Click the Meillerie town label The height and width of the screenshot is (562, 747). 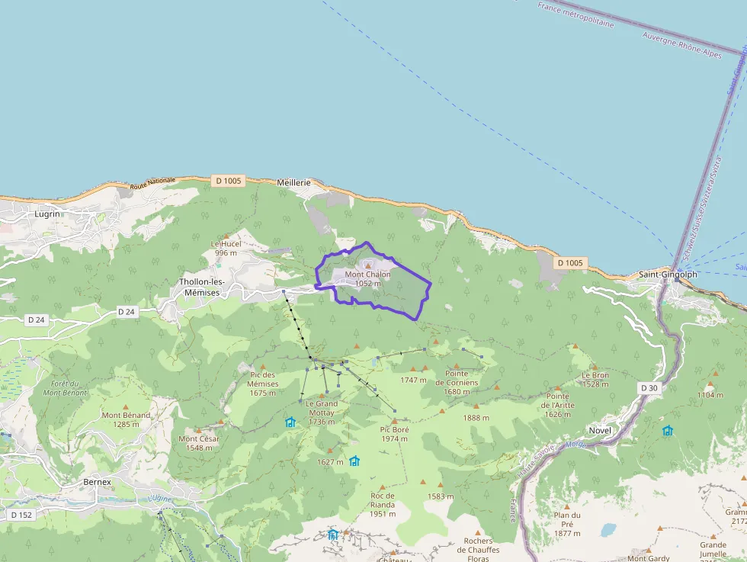point(294,183)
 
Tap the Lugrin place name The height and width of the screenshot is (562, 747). point(47,214)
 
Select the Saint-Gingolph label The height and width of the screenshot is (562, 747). point(668,275)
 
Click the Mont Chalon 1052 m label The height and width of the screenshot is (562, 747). point(367,278)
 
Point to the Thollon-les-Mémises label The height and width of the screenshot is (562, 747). point(201,287)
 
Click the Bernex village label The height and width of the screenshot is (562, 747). point(97,482)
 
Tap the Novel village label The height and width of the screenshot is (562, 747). point(600,430)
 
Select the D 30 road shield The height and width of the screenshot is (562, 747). point(649,388)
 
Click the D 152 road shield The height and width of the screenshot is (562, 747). point(21,515)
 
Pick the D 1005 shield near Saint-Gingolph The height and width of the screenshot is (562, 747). point(569,263)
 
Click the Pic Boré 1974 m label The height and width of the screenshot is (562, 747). point(395,434)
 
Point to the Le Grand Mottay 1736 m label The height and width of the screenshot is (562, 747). point(322,413)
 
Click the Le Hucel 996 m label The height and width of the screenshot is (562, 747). point(226,248)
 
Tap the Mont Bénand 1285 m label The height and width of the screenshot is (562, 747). point(126,419)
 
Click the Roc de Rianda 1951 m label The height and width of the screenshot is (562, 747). point(383,504)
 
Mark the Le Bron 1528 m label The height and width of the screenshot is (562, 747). point(595,379)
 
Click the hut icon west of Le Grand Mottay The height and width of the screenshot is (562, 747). point(290,422)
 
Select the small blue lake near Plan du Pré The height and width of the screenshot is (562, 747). point(608,528)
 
